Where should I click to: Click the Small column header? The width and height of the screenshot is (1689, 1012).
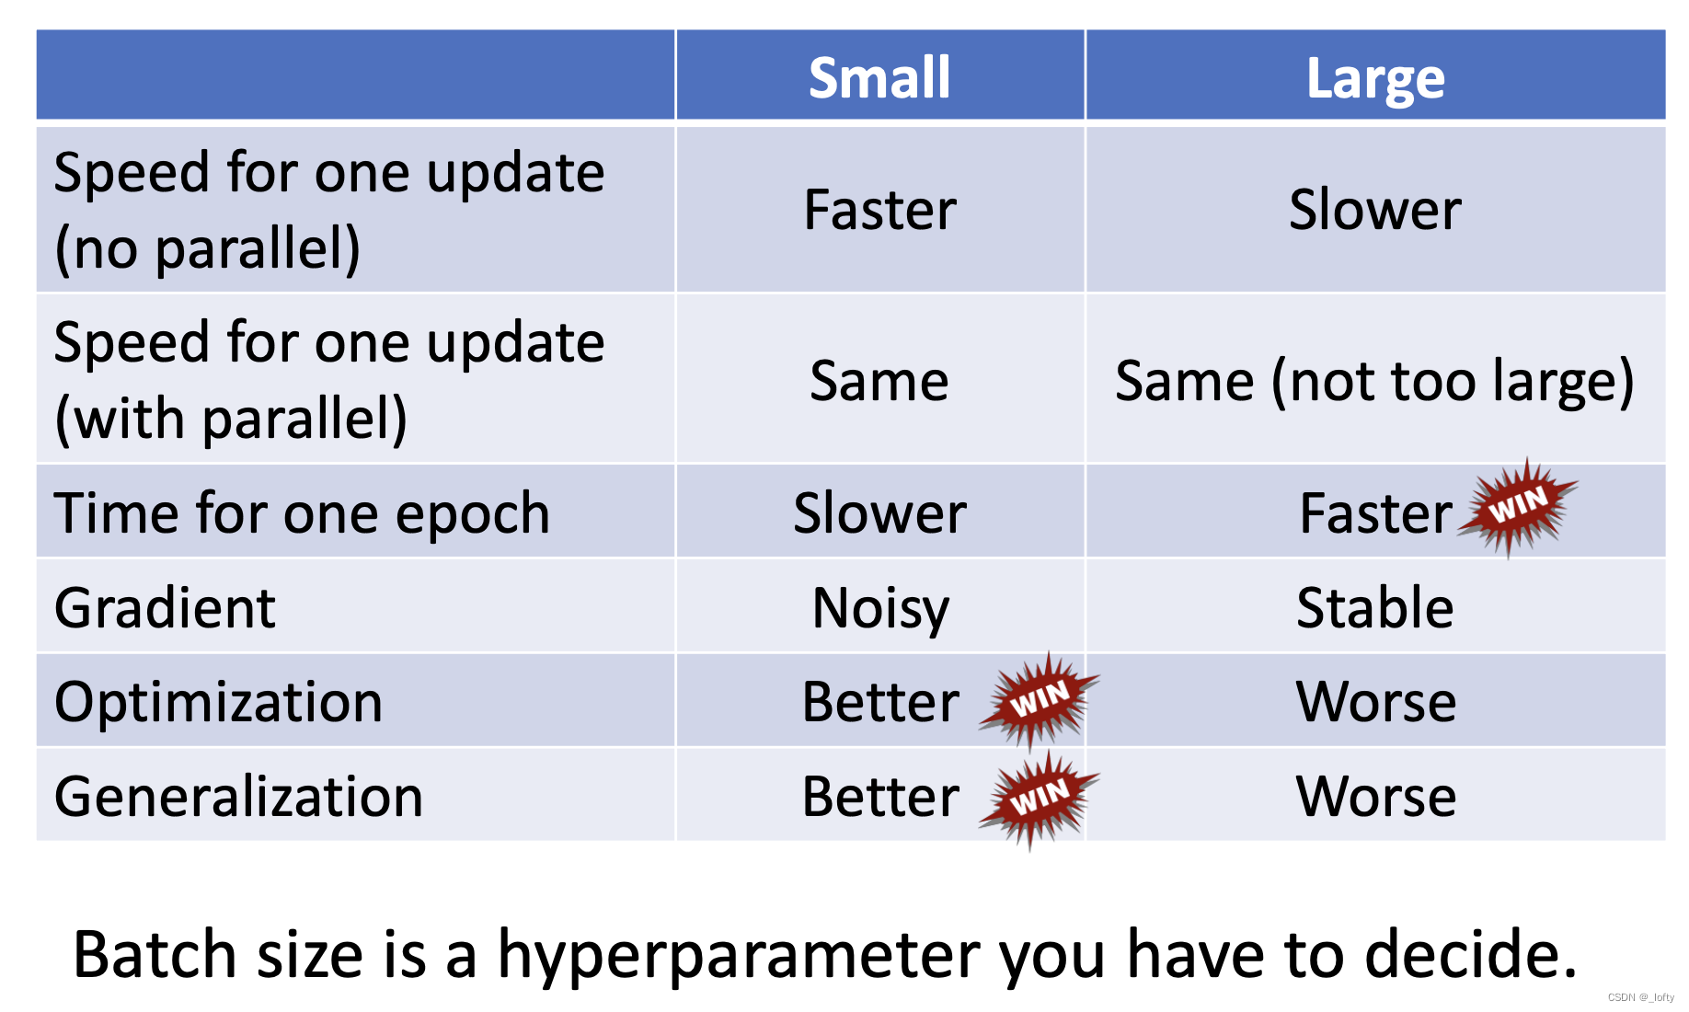click(879, 77)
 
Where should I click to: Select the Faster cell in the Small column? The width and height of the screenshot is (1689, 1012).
click(880, 210)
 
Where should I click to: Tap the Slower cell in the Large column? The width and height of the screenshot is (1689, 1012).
click(1375, 210)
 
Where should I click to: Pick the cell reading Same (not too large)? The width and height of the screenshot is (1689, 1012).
click(1374, 382)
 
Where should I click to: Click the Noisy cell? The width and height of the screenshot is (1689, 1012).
click(880, 609)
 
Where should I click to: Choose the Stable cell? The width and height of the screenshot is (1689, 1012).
click(1375, 608)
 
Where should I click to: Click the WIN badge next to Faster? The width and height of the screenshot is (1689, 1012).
click(1518, 507)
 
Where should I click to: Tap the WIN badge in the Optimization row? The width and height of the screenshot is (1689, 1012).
click(1040, 701)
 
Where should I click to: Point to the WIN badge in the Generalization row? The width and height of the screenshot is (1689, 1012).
click(1040, 799)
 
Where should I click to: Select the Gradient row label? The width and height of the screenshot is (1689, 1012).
click(166, 608)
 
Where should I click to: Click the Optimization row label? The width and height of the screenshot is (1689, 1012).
click(219, 703)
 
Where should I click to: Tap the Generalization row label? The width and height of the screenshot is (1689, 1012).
click(239, 797)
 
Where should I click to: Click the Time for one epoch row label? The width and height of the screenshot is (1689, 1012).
click(303, 513)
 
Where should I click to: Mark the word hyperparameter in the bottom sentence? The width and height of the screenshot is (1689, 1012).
click(741, 957)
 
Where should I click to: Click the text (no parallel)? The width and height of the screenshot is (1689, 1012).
click(208, 249)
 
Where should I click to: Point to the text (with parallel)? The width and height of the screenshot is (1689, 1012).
click(231, 420)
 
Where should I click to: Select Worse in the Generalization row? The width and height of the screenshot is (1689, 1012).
click(1376, 797)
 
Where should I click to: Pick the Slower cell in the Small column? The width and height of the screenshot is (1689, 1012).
click(880, 513)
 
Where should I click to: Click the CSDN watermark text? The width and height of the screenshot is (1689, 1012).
click(1641, 997)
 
